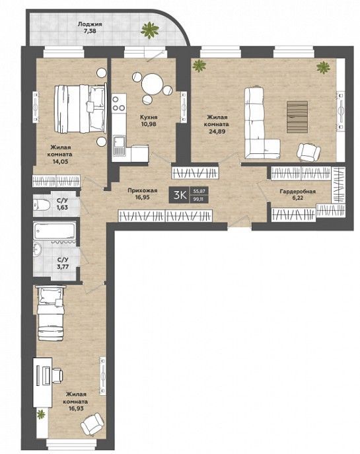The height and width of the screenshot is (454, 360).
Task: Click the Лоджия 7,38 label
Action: click(90, 27)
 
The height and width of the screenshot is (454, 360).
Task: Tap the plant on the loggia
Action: click(149, 30)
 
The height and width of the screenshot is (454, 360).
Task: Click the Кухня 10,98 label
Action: click(149, 120)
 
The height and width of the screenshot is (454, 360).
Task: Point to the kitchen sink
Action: click(119, 145)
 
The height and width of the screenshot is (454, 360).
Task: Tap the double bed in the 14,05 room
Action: click(80, 108)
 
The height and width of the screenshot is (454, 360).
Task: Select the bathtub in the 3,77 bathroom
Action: click(55, 231)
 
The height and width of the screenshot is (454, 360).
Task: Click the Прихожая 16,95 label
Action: click(143, 194)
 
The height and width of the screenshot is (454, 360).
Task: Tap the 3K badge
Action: click(180, 195)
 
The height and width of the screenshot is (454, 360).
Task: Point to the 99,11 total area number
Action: click(199, 199)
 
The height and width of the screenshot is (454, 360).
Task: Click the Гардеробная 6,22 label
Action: click(297, 195)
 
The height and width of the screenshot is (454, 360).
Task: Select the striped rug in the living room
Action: click(297, 117)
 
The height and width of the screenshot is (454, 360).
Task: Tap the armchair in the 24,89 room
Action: click(308, 152)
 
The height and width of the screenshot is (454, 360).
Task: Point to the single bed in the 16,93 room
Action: click(50, 313)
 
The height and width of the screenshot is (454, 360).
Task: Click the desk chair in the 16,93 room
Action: click(57, 375)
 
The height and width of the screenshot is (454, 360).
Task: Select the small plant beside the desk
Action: click(41, 414)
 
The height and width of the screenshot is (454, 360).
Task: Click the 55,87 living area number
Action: click(199, 191)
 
